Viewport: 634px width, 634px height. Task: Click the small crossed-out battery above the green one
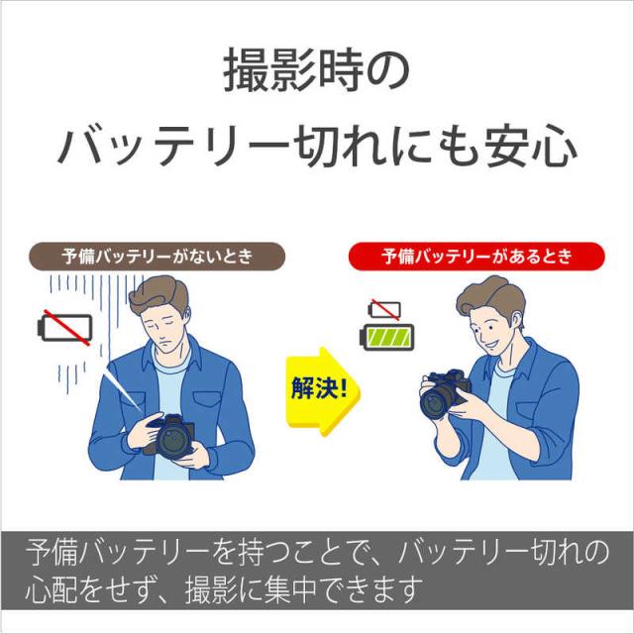tap(385, 309)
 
